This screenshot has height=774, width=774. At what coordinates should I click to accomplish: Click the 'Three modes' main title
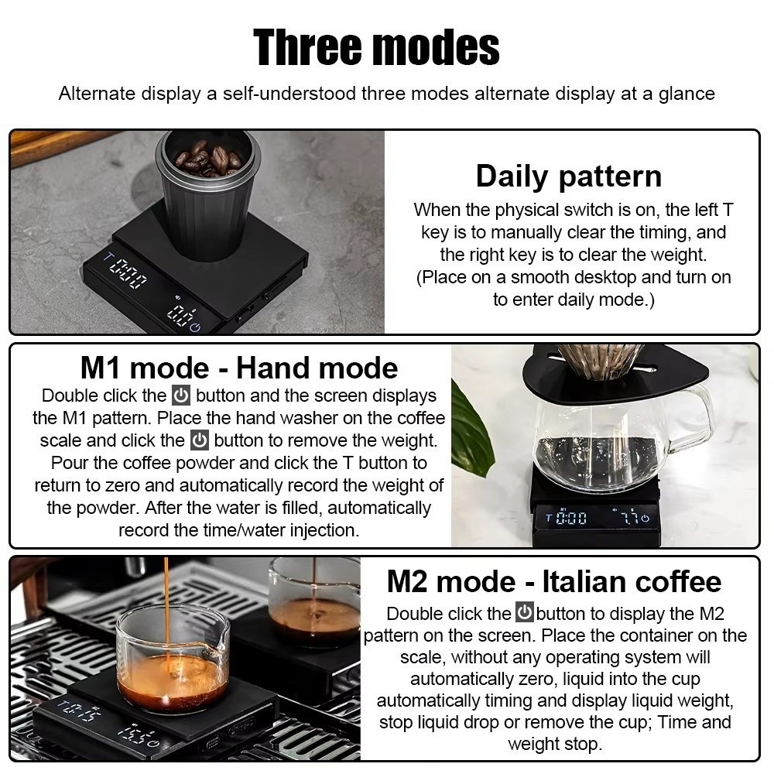pos(376,47)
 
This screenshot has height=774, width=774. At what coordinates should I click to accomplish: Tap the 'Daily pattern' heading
pos(569,176)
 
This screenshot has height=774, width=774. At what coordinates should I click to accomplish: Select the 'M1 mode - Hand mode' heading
pos(239,368)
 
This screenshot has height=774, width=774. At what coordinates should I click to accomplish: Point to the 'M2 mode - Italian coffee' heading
pos(554,581)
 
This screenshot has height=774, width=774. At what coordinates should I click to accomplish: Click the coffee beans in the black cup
pos(207,157)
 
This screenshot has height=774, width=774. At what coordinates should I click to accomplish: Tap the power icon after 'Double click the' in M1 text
pos(181,396)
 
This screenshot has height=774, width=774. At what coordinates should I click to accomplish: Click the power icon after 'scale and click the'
pos(200,440)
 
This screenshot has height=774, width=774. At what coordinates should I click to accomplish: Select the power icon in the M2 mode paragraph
pos(524,611)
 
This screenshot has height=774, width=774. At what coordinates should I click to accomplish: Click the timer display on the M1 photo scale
pos(567,518)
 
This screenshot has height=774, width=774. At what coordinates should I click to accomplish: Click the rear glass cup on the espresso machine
pos(314,601)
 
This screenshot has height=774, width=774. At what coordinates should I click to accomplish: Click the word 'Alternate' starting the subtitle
pos(97,94)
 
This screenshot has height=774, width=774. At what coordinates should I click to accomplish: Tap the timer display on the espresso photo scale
pos(80,710)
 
